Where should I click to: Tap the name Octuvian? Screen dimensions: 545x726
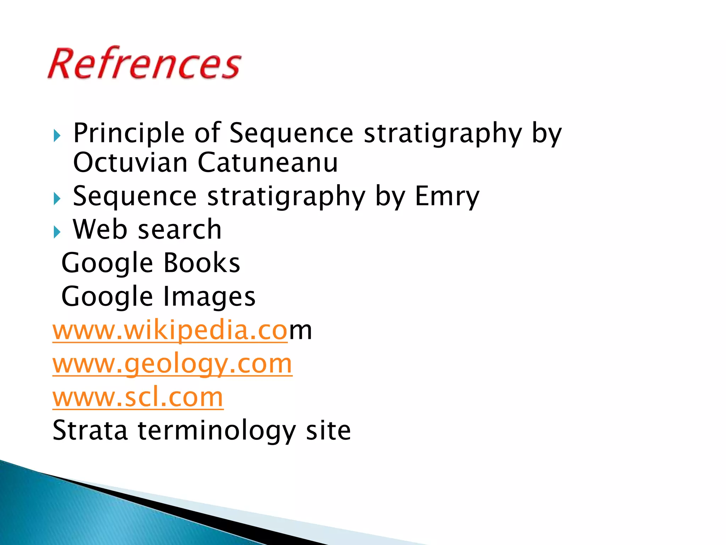click(130, 163)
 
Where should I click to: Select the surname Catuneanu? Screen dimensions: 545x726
click(268, 163)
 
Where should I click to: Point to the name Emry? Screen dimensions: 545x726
click(447, 196)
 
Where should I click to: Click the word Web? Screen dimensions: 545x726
click(100, 230)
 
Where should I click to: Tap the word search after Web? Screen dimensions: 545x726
click(179, 230)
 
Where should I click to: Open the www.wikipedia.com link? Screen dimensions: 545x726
click(182, 330)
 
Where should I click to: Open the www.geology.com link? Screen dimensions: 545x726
click(172, 364)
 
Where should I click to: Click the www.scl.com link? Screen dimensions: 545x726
click(138, 397)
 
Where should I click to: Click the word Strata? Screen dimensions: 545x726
click(90, 430)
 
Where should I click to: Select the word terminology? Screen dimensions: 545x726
click(217, 430)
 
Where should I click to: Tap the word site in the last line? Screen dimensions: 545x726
click(328, 430)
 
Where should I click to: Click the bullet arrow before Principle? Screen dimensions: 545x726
click(57, 136)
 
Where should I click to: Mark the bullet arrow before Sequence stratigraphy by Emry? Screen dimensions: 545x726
click(57, 199)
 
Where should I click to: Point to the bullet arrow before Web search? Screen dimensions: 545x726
click(57, 232)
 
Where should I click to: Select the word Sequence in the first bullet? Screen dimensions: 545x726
click(291, 133)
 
